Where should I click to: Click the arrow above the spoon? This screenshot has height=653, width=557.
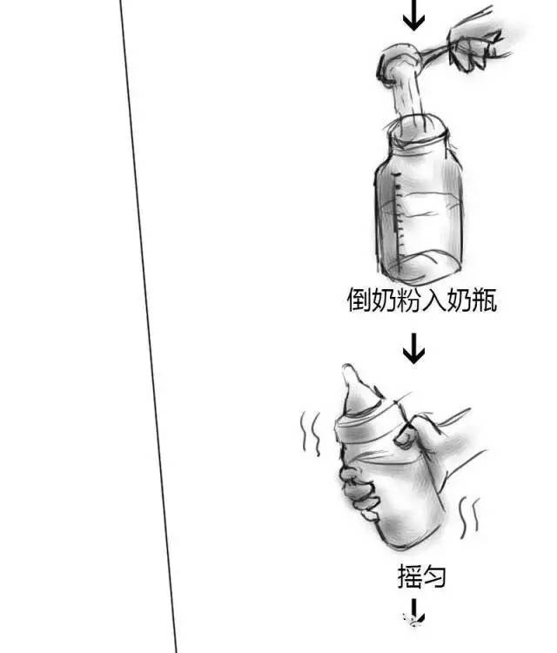tap(413, 15)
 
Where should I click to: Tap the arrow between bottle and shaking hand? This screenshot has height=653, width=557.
tap(413, 348)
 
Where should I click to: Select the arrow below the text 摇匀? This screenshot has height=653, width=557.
tap(413, 612)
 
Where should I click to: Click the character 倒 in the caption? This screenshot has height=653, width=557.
tap(359, 300)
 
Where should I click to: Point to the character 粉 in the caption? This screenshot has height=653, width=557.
tap(409, 300)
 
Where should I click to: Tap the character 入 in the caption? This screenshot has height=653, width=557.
tap(434, 300)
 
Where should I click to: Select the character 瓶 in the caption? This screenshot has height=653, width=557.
tap(484, 300)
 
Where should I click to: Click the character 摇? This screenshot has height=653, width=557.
tap(410, 576)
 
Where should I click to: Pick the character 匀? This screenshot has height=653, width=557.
tap(434, 576)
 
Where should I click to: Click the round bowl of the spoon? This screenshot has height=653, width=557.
tap(399, 63)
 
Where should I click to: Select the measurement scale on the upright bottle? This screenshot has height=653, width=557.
tap(399, 221)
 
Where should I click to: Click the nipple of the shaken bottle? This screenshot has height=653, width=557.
tap(357, 389)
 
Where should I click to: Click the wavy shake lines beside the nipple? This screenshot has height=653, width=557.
tap(311, 433)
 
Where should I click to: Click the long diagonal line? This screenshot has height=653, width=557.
tap(148, 326)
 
